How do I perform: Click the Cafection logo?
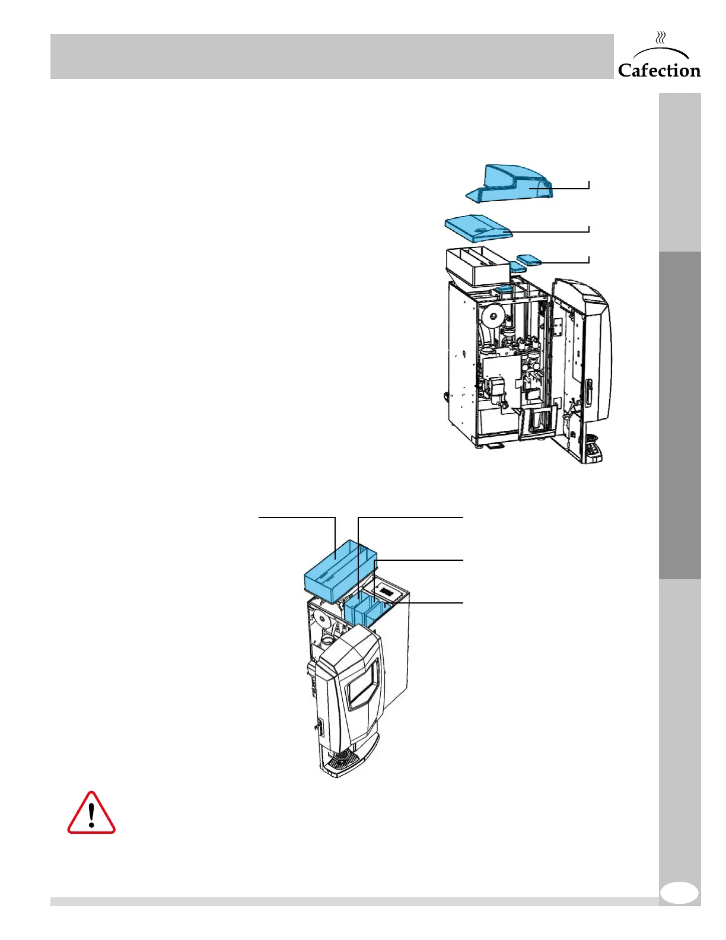tap(659, 70)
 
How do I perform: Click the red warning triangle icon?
tap(91, 814)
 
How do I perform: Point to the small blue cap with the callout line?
tap(528, 259)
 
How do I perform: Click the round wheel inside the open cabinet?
tap(491, 316)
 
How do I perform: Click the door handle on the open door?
tap(588, 392)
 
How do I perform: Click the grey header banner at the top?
tap(332, 56)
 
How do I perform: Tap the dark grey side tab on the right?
tap(679, 415)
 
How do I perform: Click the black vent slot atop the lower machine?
tap(387, 592)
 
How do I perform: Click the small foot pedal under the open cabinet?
tap(496, 446)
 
